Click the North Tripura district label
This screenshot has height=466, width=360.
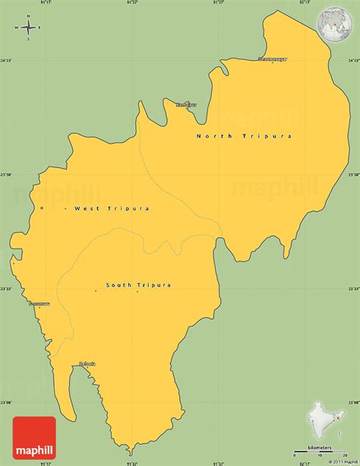click(x=244, y=136)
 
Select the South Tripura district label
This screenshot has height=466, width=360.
click(x=138, y=285)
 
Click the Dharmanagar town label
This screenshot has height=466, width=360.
click(x=273, y=59)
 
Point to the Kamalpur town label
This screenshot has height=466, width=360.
click(x=186, y=104)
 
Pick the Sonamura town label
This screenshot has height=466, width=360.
click(x=39, y=303)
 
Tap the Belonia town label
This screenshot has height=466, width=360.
click(x=87, y=363)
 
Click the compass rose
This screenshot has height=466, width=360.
click(x=28, y=28)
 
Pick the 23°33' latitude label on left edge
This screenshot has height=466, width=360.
click(x=6, y=289)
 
